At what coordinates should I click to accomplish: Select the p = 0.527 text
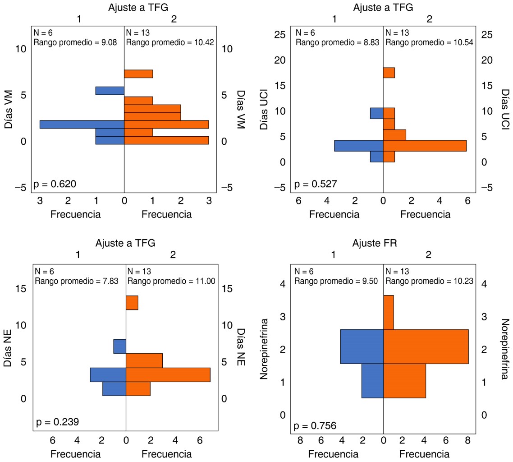pyautogui.click(x=316, y=184)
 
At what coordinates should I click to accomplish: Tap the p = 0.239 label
pyautogui.click(x=58, y=422)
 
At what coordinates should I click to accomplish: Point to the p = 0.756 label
pyautogui.click(x=316, y=425)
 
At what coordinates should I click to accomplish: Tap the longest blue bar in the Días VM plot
pyautogui.click(x=82, y=125)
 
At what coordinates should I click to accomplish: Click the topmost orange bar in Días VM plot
pyautogui.click(x=138, y=74)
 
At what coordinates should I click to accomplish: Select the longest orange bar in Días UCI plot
pyautogui.click(x=425, y=146)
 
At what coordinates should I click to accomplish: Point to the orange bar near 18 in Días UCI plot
pyautogui.click(x=389, y=73)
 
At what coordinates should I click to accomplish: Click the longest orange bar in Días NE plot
pyautogui.click(x=168, y=375)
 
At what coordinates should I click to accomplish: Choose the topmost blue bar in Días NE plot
pyautogui.click(x=119, y=346)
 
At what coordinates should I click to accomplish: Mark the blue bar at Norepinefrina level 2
pyautogui.click(x=362, y=346)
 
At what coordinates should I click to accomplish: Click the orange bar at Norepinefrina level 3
pyautogui.click(x=389, y=312)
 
